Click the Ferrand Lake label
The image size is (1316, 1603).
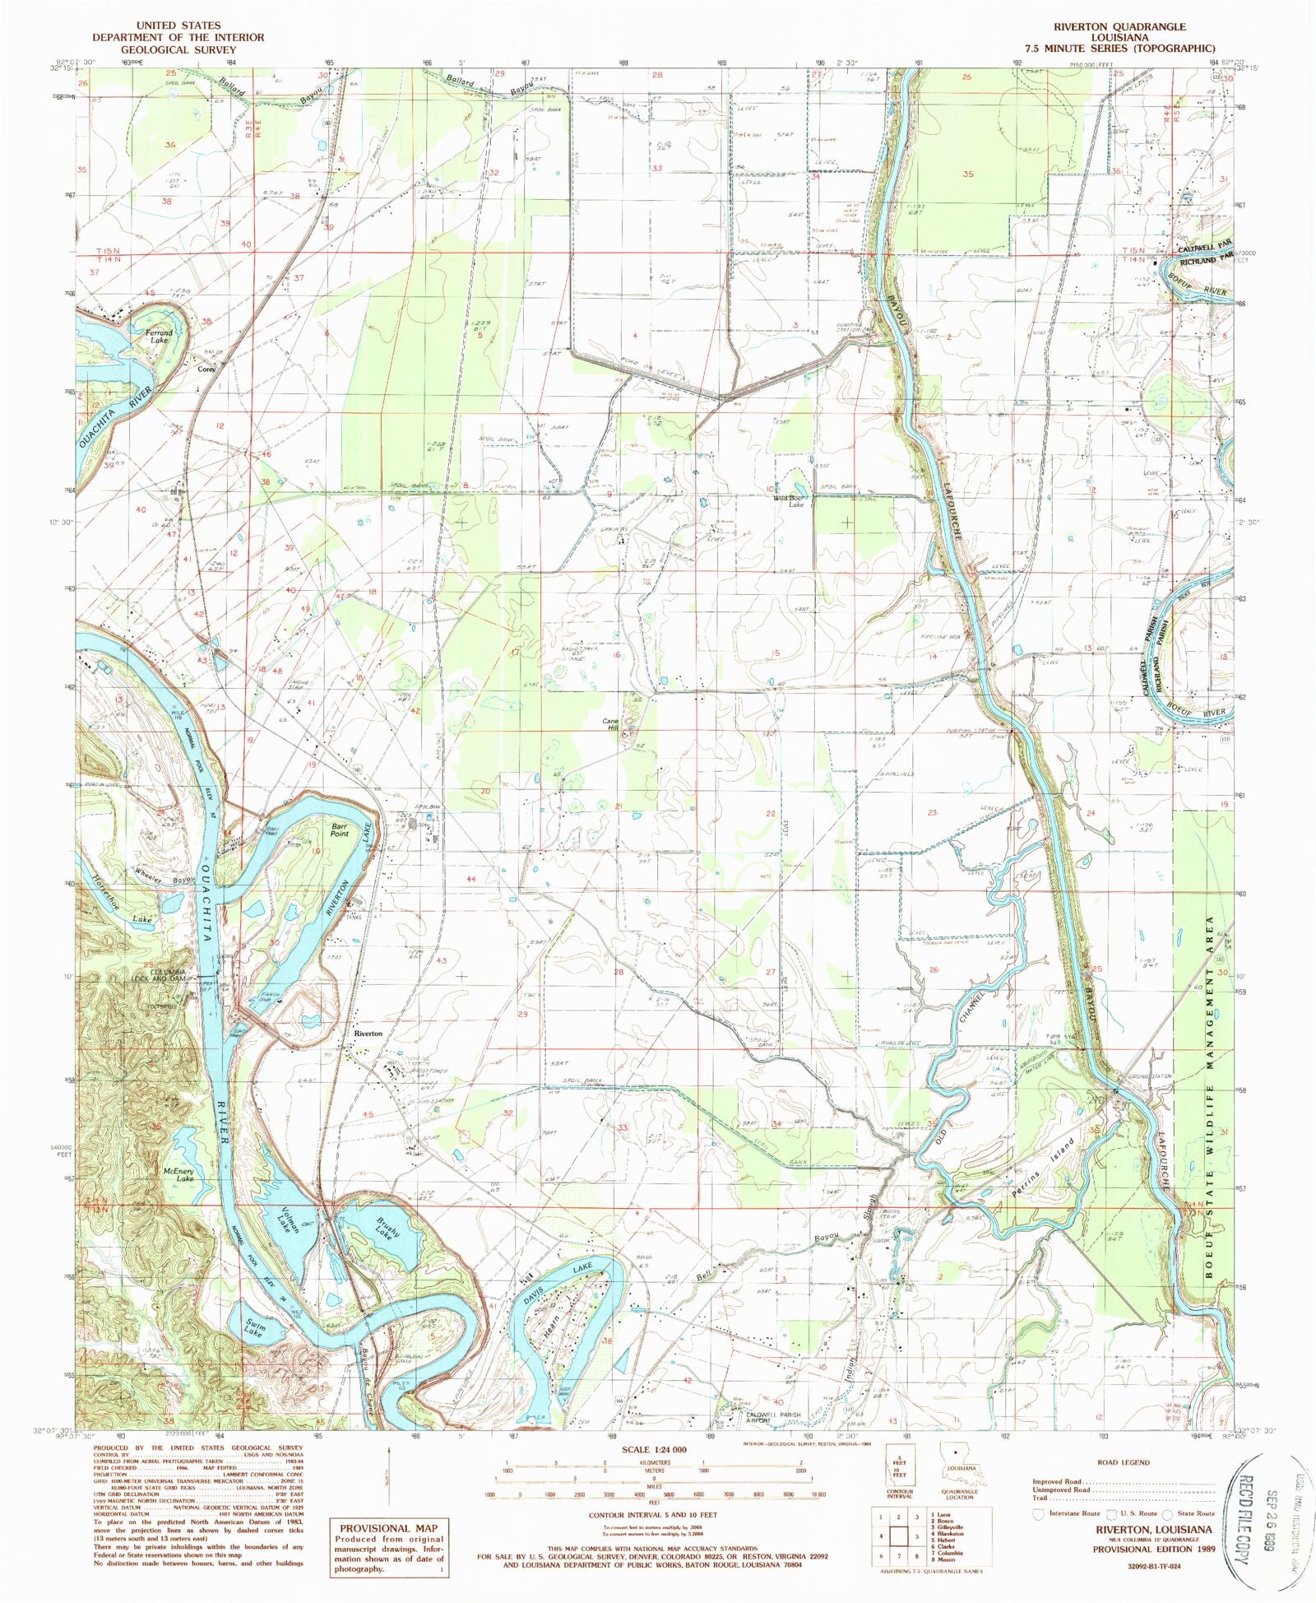[x=159, y=336]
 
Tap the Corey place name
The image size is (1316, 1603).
[x=206, y=369]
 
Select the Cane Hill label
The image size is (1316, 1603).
[x=611, y=724]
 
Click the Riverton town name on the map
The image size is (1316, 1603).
[x=368, y=1034]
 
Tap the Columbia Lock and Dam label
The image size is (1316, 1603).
[x=166, y=976]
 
